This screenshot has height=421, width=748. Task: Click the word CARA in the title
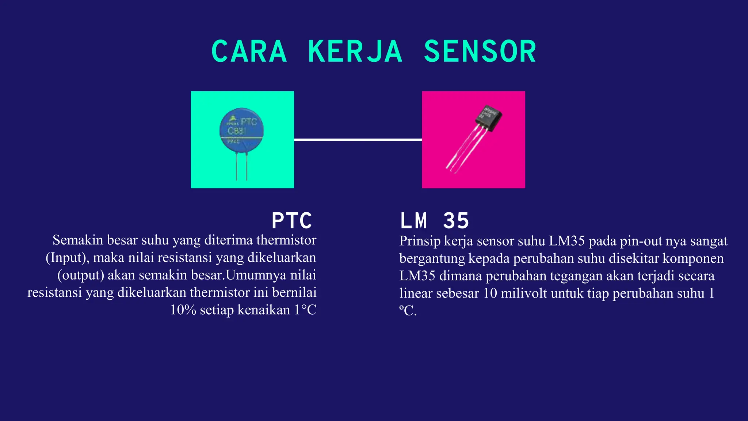point(249,52)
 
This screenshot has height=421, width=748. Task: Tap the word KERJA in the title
point(355,52)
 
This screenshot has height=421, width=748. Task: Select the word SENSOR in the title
point(480,52)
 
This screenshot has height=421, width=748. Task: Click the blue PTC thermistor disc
point(241,130)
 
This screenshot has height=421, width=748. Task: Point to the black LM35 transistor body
point(488,117)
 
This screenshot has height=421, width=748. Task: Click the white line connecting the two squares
point(358,140)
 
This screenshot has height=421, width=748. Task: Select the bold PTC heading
point(292,221)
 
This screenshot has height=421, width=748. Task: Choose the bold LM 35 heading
point(434,221)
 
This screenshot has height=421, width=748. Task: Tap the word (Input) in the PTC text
point(67,258)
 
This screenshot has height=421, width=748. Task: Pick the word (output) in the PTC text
point(80,275)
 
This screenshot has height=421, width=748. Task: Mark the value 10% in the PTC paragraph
point(183,310)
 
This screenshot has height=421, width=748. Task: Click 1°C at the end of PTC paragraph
point(305,310)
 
